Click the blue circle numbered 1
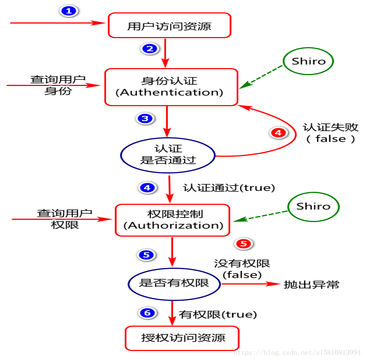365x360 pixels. (x=69, y=11)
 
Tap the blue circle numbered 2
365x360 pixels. (x=150, y=49)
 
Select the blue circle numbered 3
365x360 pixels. (x=145, y=119)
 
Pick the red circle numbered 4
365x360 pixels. (x=278, y=133)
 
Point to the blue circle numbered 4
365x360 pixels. (x=147, y=188)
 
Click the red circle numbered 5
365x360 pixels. (x=243, y=244)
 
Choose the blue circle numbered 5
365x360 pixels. (x=146, y=255)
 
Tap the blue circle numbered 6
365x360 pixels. (x=147, y=313)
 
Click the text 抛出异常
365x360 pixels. (x=311, y=284)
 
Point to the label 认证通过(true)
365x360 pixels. (x=229, y=188)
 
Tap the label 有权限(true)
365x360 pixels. (x=218, y=314)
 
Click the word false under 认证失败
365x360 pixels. (x=331, y=139)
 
